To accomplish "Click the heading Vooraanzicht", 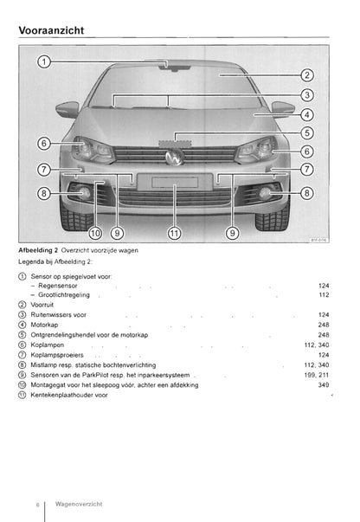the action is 51,30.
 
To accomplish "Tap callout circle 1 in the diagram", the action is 43,61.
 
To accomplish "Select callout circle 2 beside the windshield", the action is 307,75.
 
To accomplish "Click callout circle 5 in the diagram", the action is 307,132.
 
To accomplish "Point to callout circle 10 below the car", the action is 95,233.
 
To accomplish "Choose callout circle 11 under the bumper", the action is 174,233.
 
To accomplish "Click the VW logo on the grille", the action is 174,157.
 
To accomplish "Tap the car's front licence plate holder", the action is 175,182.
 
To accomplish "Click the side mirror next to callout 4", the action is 283,108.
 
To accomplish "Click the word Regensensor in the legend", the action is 58,286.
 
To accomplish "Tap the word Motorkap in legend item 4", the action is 44,325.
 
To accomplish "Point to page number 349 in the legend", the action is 324,385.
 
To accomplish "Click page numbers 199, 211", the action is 317,375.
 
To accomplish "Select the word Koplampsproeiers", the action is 57,355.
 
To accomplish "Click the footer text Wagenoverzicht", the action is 79,504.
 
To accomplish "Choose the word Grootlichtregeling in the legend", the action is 64,295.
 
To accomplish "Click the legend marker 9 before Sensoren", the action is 22,375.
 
